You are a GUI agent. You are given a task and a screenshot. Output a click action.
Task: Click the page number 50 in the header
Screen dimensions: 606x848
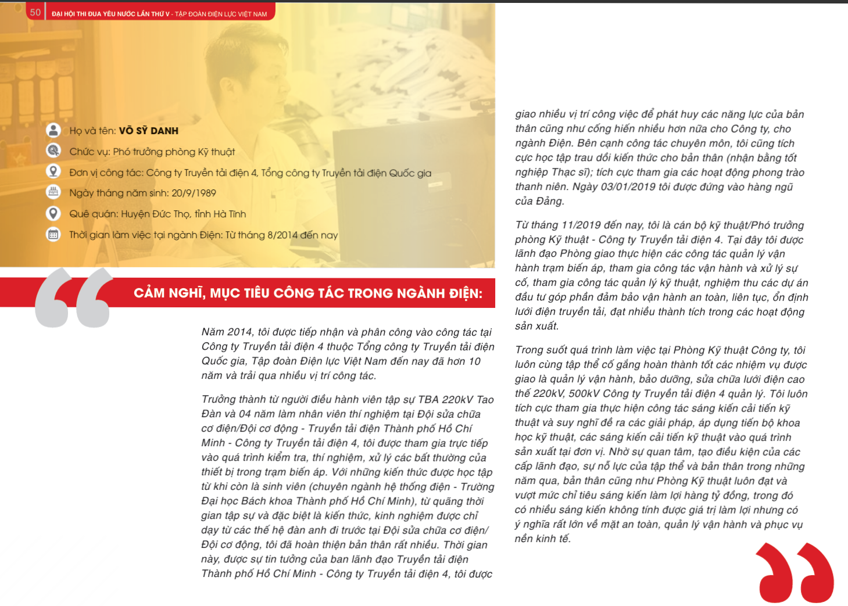pyautogui.click(x=35, y=12)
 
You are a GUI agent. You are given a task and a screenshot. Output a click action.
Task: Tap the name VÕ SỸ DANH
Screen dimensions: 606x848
pyautogui.click(x=148, y=131)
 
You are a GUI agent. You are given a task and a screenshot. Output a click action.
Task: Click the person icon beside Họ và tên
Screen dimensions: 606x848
pyautogui.click(x=53, y=130)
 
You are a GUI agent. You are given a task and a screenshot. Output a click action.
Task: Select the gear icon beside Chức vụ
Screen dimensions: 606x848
pyautogui.click(x=53, y=150)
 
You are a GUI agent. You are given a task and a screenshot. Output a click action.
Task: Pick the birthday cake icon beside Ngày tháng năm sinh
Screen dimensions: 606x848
pyautogui.click(x=53, y=192)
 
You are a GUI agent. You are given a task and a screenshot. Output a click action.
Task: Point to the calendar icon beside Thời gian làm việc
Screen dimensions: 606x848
pyautogui.click(x=53, y=235)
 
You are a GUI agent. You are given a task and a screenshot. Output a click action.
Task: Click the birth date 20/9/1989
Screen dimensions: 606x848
pyautogui.click(x=194, y=193)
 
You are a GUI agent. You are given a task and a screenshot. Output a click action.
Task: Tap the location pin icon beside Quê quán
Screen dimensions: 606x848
pyautogui.click(x=53, y=213)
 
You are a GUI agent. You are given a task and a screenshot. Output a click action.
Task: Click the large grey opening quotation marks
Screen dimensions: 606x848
pyautogui.click(x=74, y=297)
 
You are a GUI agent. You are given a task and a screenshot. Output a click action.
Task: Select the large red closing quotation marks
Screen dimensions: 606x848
pyautogui.click(x=795, y=572)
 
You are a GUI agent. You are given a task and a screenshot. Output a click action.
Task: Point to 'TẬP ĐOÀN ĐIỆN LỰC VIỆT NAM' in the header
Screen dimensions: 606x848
pyautogui.click(x=221, y=14)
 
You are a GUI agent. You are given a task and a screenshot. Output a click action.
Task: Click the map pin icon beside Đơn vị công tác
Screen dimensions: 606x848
pyautogui.click(x=53, y=171)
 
